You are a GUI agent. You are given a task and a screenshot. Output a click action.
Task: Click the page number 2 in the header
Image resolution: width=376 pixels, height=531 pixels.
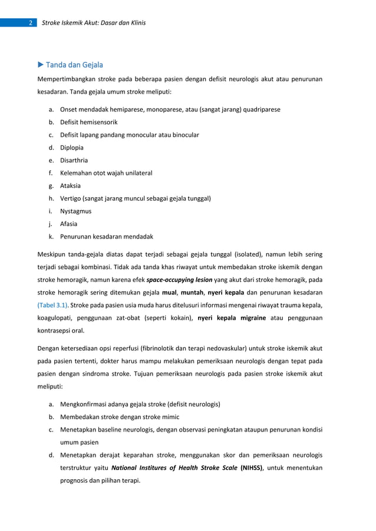pos(29,23)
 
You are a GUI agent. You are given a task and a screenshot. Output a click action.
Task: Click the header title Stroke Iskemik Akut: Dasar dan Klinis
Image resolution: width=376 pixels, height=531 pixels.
pos(94,23)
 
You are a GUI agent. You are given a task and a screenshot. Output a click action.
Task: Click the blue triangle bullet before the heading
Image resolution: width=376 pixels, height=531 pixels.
pos(41,65)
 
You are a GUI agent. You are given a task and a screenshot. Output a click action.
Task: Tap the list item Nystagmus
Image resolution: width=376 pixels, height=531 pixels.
pos(75,211)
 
